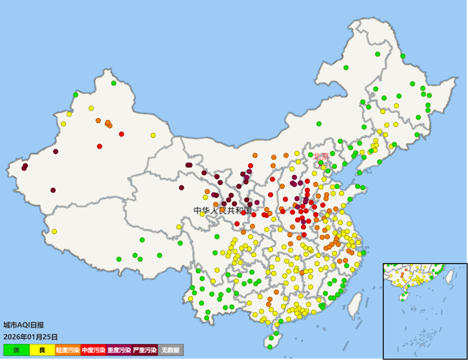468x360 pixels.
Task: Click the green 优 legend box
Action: pos(16,349)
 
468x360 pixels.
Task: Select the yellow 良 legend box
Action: pos(42,349)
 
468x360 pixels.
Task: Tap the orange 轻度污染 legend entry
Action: pos(67,349)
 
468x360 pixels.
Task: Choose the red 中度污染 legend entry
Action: pos(93,349)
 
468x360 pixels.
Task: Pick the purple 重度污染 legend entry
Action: pos(119,349)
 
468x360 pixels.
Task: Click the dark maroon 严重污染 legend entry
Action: pos(145,349)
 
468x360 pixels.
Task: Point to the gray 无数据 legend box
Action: pos(170,349)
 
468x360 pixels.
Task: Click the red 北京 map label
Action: pos(321,156)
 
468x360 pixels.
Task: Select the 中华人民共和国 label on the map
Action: pos(223,211)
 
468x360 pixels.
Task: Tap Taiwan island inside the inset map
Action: pos(449,275)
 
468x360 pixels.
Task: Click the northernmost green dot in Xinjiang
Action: pos(114,83)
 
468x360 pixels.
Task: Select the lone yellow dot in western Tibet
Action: pos(54,231)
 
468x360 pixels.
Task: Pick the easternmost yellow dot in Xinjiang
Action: pos(152,135)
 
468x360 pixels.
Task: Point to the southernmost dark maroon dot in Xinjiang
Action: pos(53,190)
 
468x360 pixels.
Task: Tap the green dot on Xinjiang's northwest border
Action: pos(75,94)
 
